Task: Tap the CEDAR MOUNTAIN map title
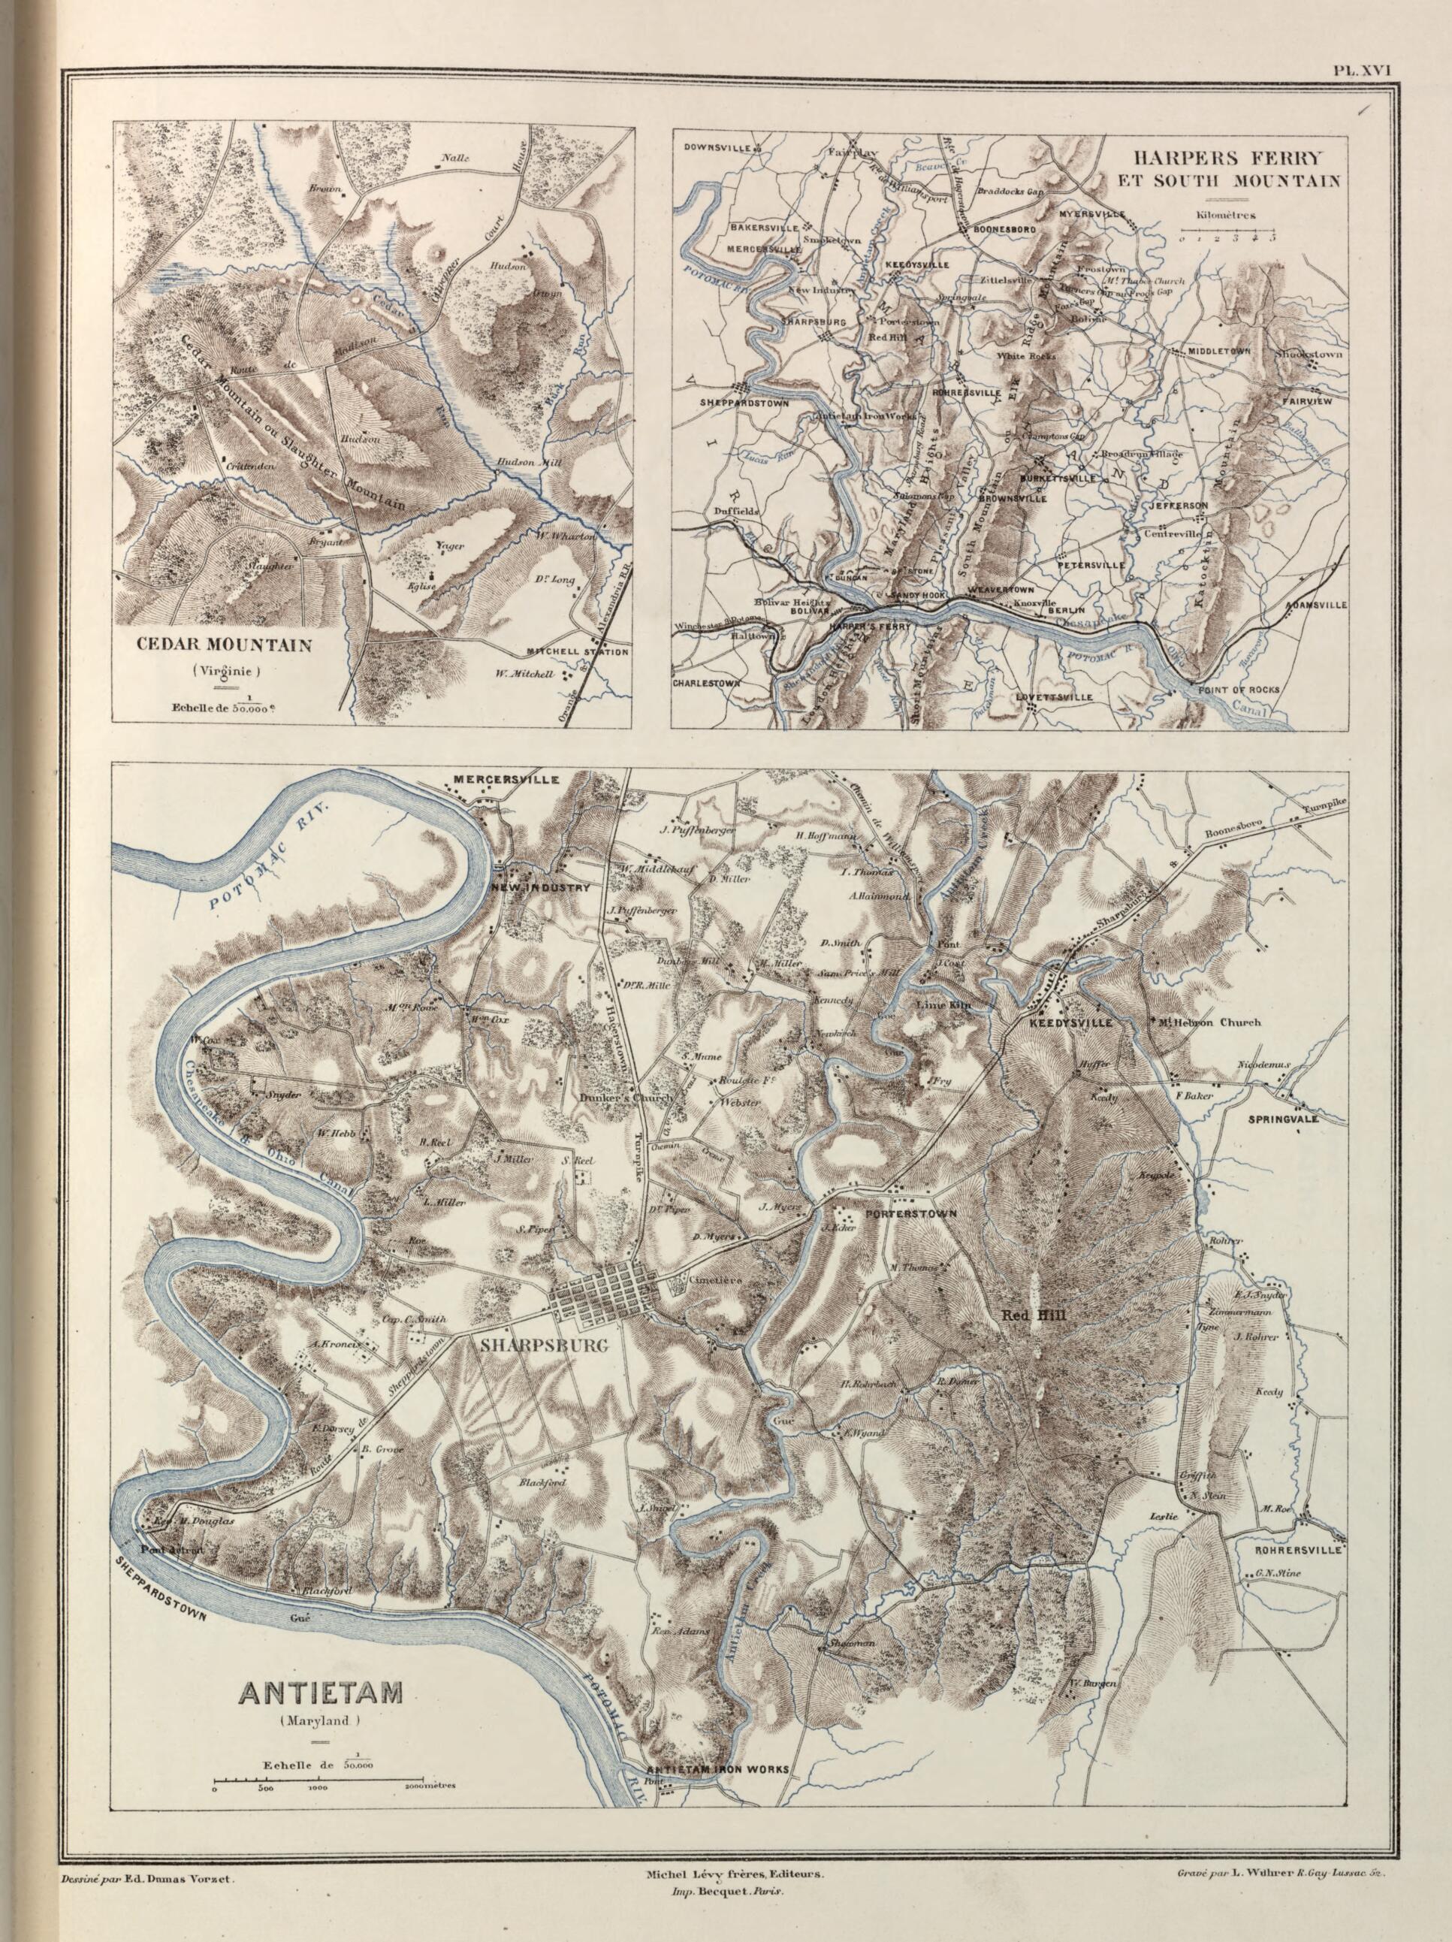coord(224,645)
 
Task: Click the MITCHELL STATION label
coord(577,651)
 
